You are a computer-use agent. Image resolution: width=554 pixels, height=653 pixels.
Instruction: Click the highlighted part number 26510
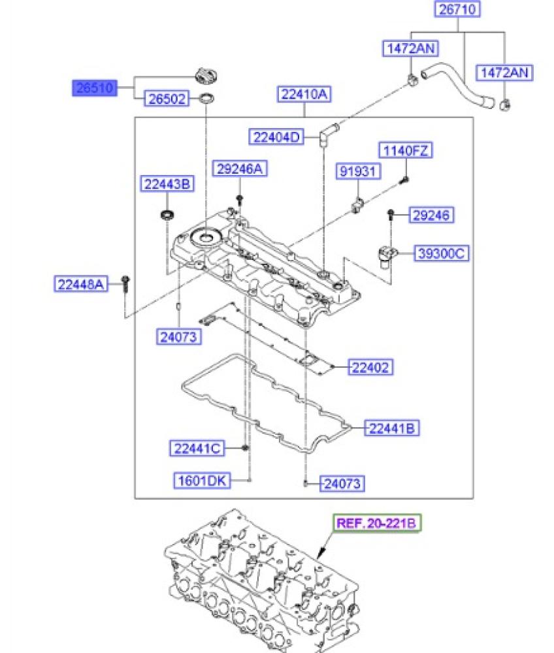[95, 88]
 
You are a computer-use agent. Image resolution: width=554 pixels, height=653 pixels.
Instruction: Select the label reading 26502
[167, 99]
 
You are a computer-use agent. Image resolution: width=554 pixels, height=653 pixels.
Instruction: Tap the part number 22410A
[304, 94]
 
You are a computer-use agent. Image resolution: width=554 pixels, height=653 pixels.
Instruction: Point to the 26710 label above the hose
[457, 9]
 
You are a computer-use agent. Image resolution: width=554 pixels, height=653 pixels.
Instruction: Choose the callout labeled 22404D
[276, 137]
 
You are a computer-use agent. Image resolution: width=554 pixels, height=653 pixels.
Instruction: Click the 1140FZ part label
[406, 150]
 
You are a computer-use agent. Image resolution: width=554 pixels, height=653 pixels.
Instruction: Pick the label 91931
[358, 171]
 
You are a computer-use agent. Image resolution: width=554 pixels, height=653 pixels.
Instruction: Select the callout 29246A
[240, 168]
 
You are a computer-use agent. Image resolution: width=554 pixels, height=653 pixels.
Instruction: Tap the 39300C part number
[441, 253]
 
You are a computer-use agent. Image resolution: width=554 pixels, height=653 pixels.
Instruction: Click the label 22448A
[81, 285]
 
